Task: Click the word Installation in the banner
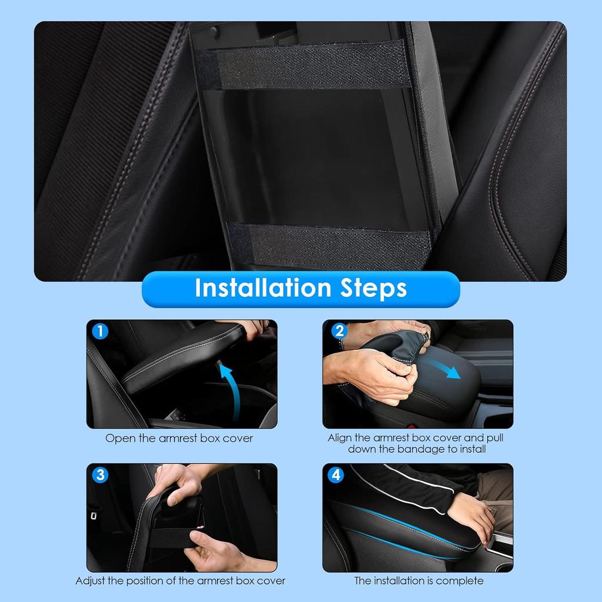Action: [263, 287]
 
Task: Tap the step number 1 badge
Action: [100, 331]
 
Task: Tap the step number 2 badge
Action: [339, 330]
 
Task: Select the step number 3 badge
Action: [100, 475]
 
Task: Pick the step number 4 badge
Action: [336, 475]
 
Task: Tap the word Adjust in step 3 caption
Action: [90, 581]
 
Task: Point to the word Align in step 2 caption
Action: [340, 438]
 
